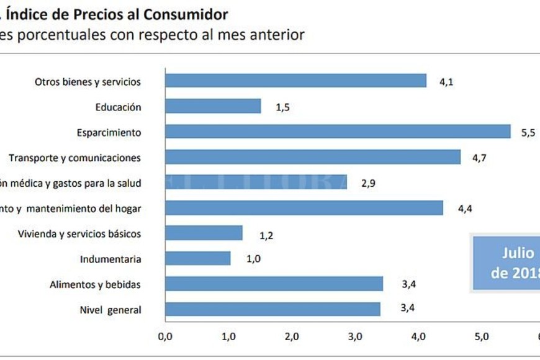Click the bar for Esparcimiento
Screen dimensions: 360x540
338,132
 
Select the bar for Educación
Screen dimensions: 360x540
213,106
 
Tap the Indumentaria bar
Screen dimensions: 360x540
197,258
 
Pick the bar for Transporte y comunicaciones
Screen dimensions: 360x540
313,157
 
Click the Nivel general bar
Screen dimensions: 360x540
272,309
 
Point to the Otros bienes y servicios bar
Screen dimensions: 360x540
295,81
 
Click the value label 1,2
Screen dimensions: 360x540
266,235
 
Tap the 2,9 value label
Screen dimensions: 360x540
369,184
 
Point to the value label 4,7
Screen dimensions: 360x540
479,158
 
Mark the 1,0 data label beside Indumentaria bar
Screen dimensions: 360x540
253,259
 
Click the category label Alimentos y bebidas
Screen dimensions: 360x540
95,284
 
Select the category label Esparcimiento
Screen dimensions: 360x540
109,132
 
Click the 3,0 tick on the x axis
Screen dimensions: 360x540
355,336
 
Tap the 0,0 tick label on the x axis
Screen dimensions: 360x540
165,336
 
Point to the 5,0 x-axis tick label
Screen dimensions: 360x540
482,336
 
